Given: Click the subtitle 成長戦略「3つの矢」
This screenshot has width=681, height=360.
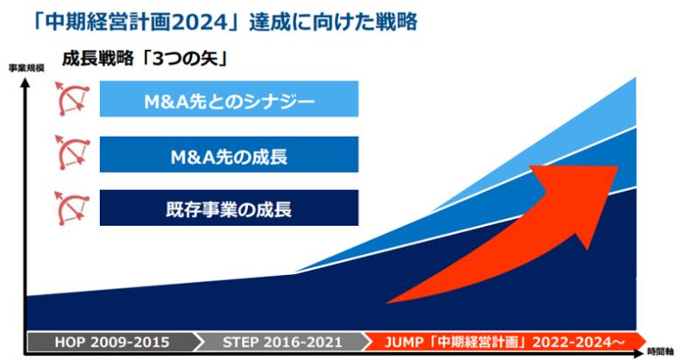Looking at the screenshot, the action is [x=145, y=59].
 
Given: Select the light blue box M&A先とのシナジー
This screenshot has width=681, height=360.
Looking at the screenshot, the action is [x=229, y=99].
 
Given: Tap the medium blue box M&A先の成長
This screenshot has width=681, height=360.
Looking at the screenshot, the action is [x=229, y=154].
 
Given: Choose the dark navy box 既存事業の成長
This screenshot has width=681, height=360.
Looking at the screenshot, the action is [x=229, y=208].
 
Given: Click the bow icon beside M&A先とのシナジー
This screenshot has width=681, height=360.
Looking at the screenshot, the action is [x=72, y=99].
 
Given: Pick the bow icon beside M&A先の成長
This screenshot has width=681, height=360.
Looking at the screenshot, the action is [x=72, y=152].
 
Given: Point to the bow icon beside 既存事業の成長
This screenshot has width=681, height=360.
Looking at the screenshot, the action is [x=72, y=208].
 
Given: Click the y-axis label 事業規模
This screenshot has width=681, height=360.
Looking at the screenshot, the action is [x=26, y=68].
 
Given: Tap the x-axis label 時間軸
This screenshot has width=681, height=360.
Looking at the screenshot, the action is [x=660, y=351].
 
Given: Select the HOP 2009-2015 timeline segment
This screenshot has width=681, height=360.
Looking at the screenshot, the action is [x=112, y=342].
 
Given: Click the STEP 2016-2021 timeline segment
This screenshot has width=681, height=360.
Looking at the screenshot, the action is [x=282, y=342].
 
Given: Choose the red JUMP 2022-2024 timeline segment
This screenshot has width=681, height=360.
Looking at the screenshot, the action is [x=504, y=342].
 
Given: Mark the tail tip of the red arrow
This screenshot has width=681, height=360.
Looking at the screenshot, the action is [x=387, y=302].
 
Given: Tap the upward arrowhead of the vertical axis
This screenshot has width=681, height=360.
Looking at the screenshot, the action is [x=25, y=81].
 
